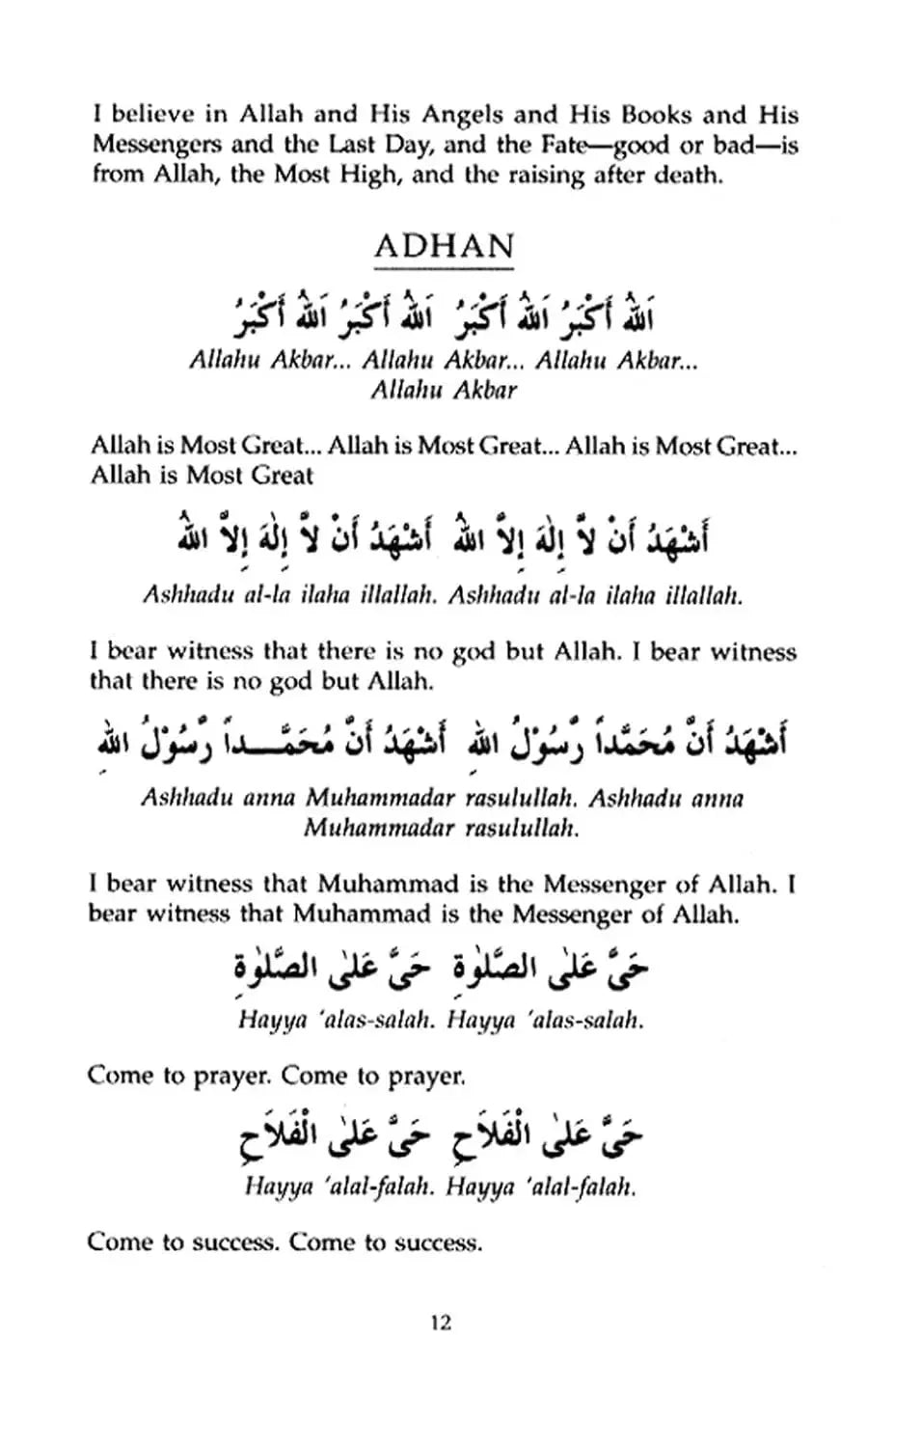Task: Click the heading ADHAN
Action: [444, 246]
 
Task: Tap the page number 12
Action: [440, 1323]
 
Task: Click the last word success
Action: [441, 1242]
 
